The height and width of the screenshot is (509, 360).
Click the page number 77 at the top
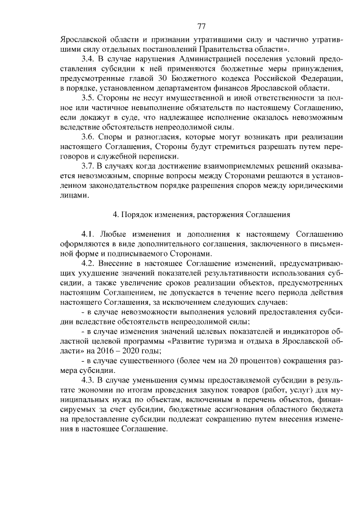202,26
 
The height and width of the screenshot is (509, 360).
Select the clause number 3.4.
88,59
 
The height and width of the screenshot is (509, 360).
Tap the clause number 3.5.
88,98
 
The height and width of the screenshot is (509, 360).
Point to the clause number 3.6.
88,137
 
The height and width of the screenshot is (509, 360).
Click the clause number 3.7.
88,166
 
